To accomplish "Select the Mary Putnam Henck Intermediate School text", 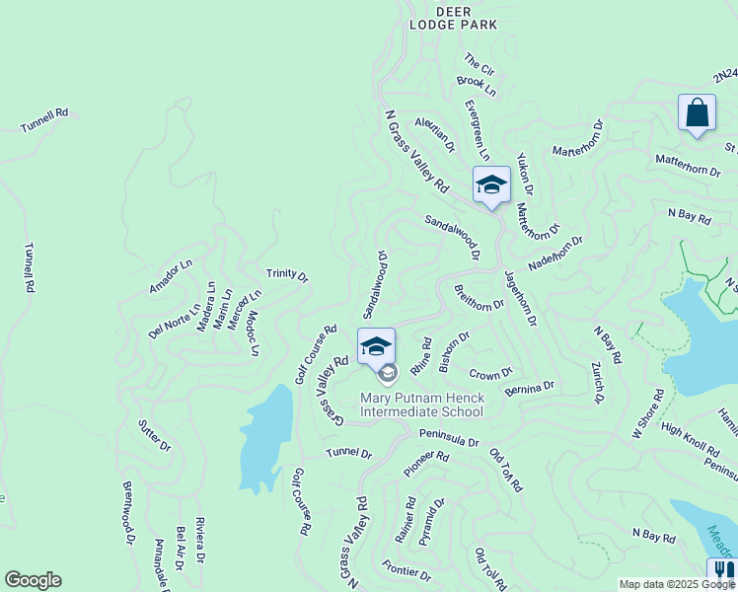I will (x=421, y=406).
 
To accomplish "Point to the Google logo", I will (x=33, y=580).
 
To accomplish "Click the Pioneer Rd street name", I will (x=426, y=464).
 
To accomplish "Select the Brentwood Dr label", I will (x=127, y=512).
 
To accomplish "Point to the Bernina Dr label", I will (x=529, y=389).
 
